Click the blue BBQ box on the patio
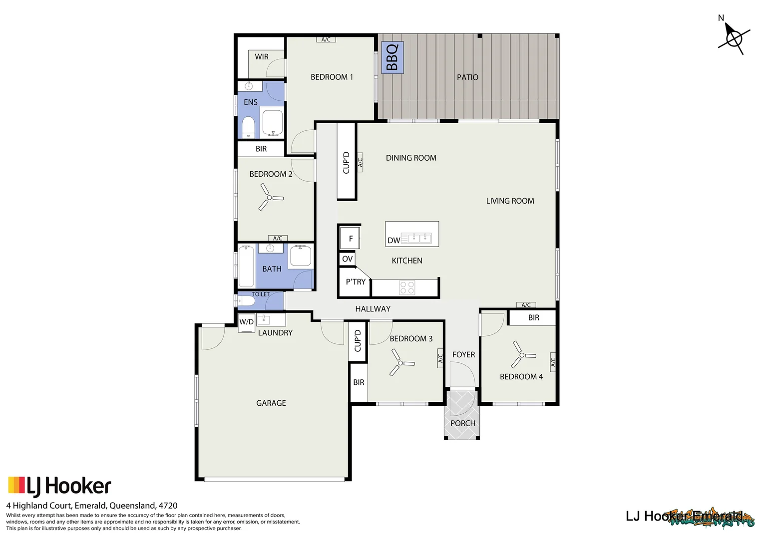point(392,57)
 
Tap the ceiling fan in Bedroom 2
point(270,198)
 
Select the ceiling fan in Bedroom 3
point(400,363)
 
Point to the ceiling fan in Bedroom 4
point(522,355)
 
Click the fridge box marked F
point(350,239)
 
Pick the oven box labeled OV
point(348,259)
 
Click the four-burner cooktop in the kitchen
point(407,287)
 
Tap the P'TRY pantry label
point(356,282)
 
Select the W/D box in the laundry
point(247,322)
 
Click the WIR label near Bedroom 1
point(262,57)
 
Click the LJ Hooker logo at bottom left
point(59,486)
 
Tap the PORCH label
point(463,423)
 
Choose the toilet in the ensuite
point(248,128)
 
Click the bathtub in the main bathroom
point(246,267)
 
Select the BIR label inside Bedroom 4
point(533,318)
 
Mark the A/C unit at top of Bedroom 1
point(326,39)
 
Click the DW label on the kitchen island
point(393,241)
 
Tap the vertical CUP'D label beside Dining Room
point(346,162)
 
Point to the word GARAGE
point(271,403)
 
